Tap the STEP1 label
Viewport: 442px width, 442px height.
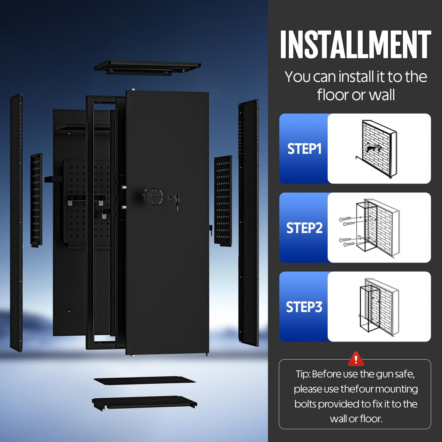pos(304,149)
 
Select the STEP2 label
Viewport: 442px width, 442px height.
pos(304,228)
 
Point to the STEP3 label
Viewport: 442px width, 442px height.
pos(304,307)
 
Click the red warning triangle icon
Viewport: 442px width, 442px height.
pos(356,359)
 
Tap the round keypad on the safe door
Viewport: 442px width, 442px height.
pos(151,197)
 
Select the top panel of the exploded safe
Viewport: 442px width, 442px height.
pos(147,68)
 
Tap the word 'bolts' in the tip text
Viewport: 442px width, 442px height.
pos(305,404)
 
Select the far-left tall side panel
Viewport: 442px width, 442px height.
pos(16,222)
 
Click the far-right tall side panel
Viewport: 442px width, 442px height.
pos(249,222)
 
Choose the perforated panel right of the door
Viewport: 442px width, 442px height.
pos(223,200)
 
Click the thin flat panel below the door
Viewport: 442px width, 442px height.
pos(145,381)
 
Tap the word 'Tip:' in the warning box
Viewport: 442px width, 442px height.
pos(303,374)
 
